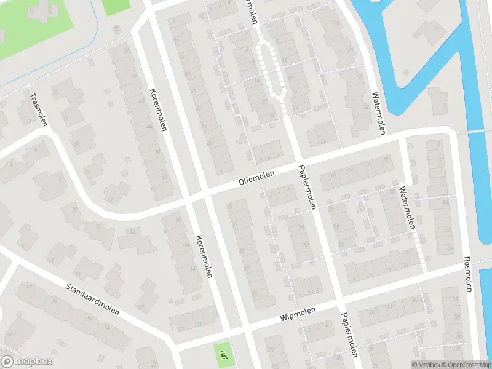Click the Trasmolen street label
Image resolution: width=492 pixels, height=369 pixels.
39,109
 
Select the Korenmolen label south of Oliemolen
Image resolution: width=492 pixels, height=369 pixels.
204,256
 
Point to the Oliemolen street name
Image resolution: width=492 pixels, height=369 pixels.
256,178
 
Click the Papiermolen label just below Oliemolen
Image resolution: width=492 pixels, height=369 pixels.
306,187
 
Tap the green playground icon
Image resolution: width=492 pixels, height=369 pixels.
223,353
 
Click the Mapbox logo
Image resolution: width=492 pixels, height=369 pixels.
26,362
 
